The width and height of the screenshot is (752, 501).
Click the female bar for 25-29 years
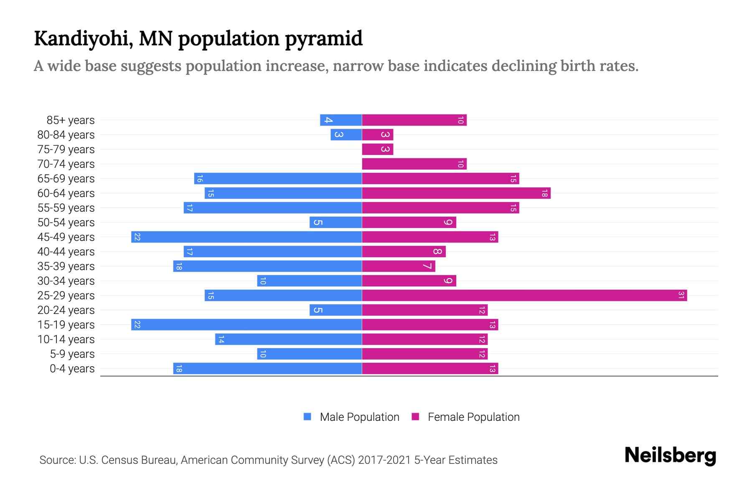coord(524,296)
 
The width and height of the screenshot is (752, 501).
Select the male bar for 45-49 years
coord(246,237)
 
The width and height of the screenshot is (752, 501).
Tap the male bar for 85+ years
coord(341,120)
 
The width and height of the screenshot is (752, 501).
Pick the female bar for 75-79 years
coord(377,149)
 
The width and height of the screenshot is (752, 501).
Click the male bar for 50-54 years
coord(335,223)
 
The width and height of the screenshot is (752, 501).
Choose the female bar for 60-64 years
coord(456,193)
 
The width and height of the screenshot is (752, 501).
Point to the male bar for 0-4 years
coord(267,369)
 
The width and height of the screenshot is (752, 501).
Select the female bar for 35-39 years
coord(398,266)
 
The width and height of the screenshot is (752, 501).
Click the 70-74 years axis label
coord(66,164)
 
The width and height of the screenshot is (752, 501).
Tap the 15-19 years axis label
coord(66,325)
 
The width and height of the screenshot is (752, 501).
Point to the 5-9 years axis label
coord(72,354)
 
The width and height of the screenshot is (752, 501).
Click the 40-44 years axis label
coord(66,252)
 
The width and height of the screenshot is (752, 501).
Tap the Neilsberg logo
coord(670,455)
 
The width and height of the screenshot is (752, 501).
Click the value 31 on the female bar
coord(681,296)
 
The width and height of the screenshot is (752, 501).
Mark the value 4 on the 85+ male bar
coord(329,120)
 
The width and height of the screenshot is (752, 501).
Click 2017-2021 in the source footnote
coord(384,460)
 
